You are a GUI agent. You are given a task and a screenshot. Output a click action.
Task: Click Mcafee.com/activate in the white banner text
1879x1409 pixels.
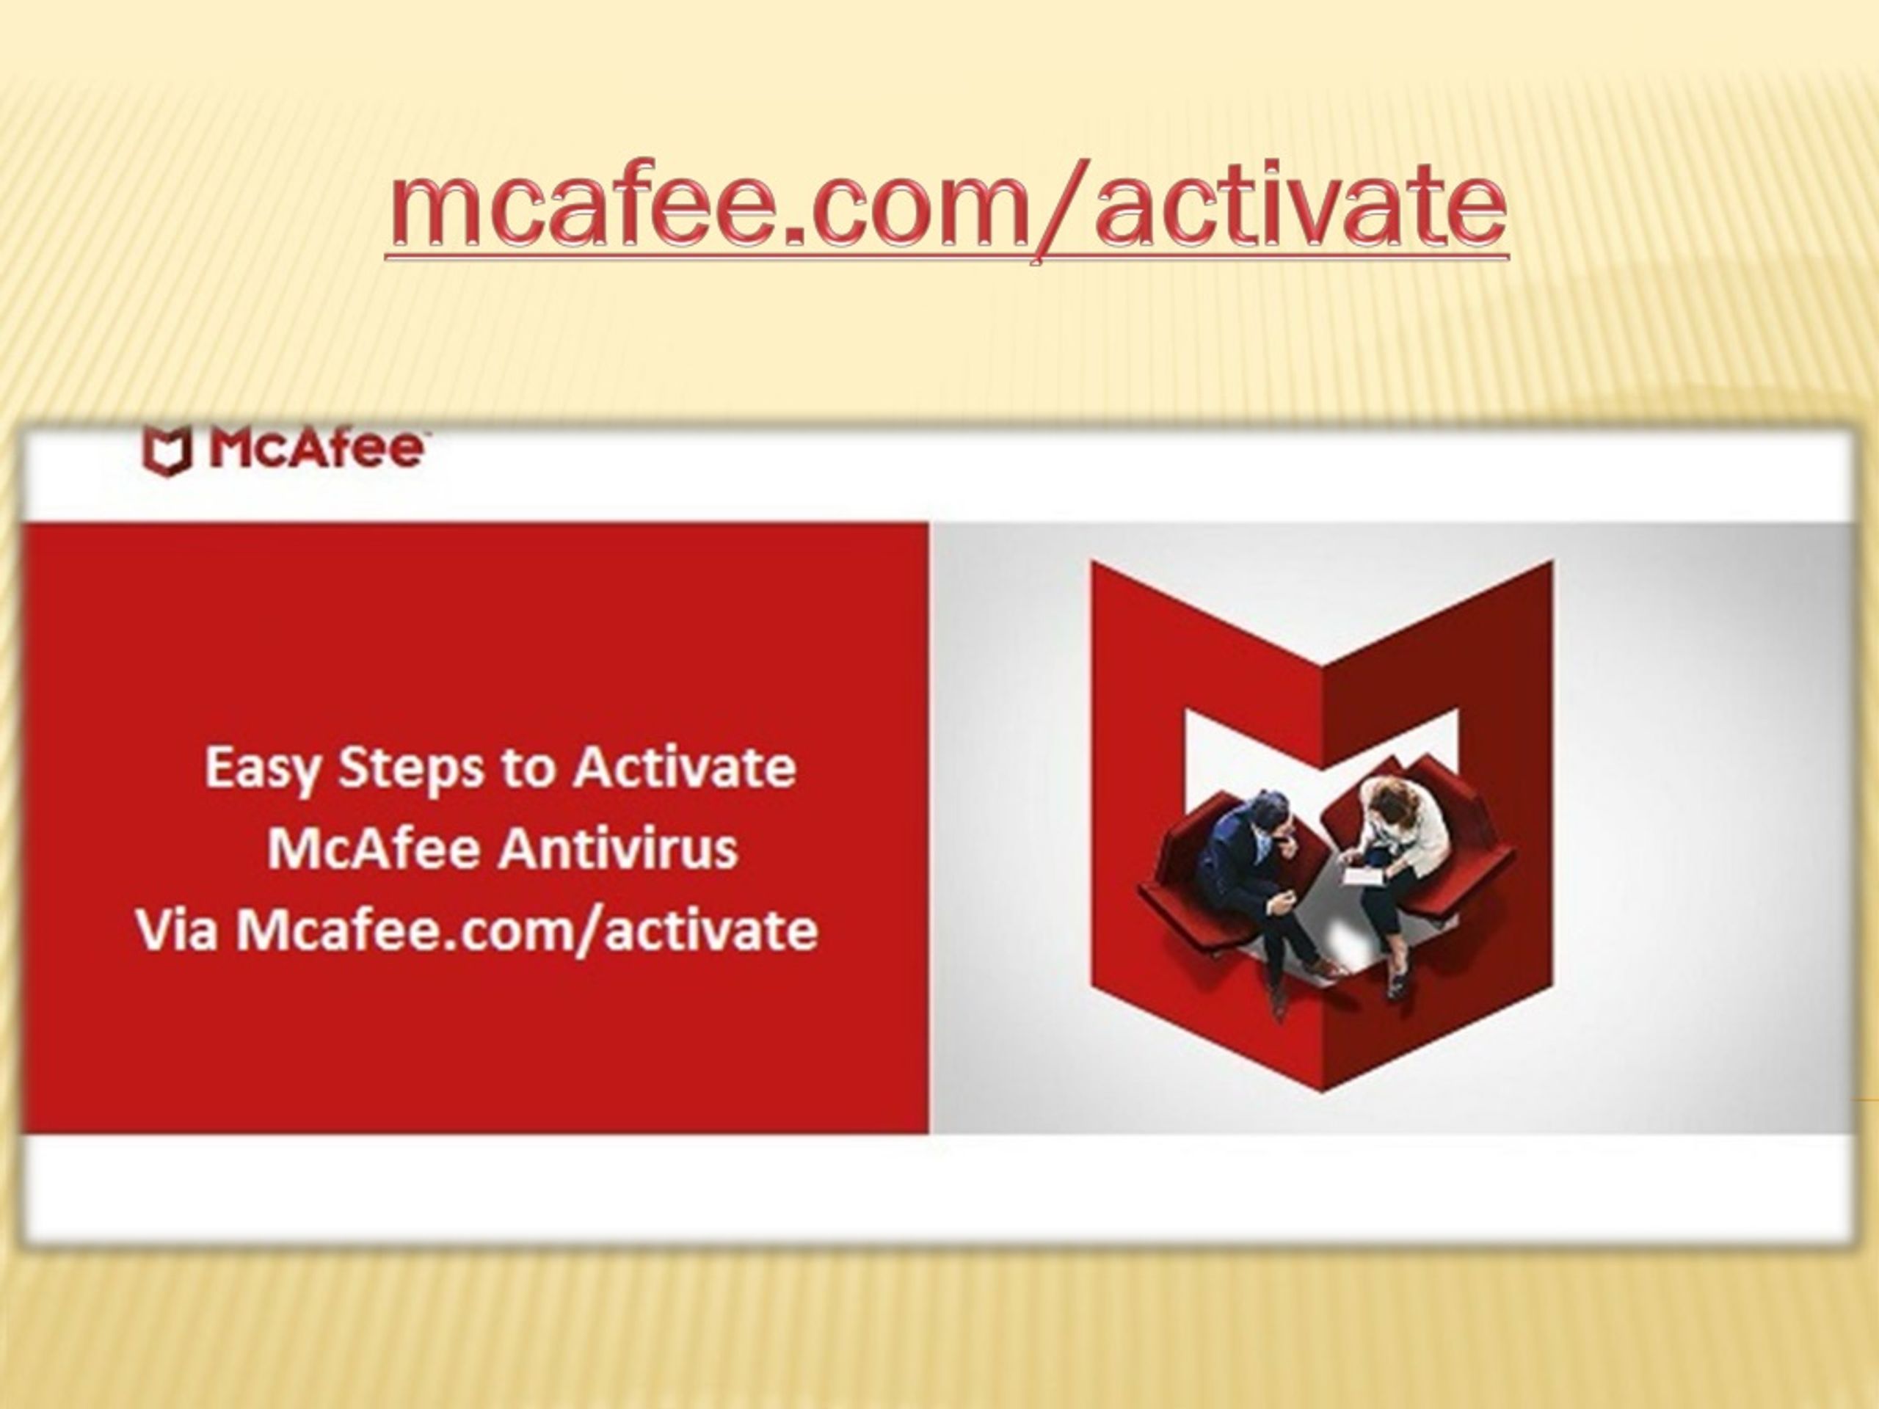527,932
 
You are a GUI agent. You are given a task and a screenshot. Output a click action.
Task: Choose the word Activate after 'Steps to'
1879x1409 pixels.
684,768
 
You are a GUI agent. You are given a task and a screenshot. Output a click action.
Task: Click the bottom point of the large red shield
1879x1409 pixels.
1323,1091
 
